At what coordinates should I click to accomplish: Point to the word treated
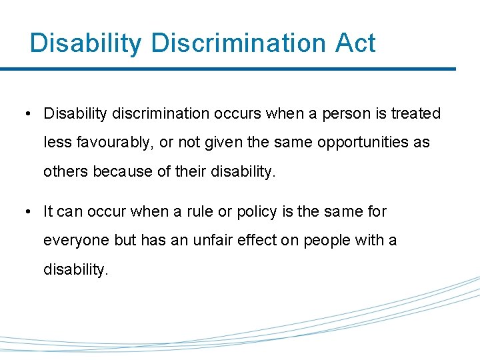point(416,113)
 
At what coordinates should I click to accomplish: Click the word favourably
point(109,143)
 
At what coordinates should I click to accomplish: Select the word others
point(66,171)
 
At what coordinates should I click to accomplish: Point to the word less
point(55,143)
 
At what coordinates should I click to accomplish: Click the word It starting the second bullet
point(48,211)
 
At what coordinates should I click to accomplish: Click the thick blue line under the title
point(227,69)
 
